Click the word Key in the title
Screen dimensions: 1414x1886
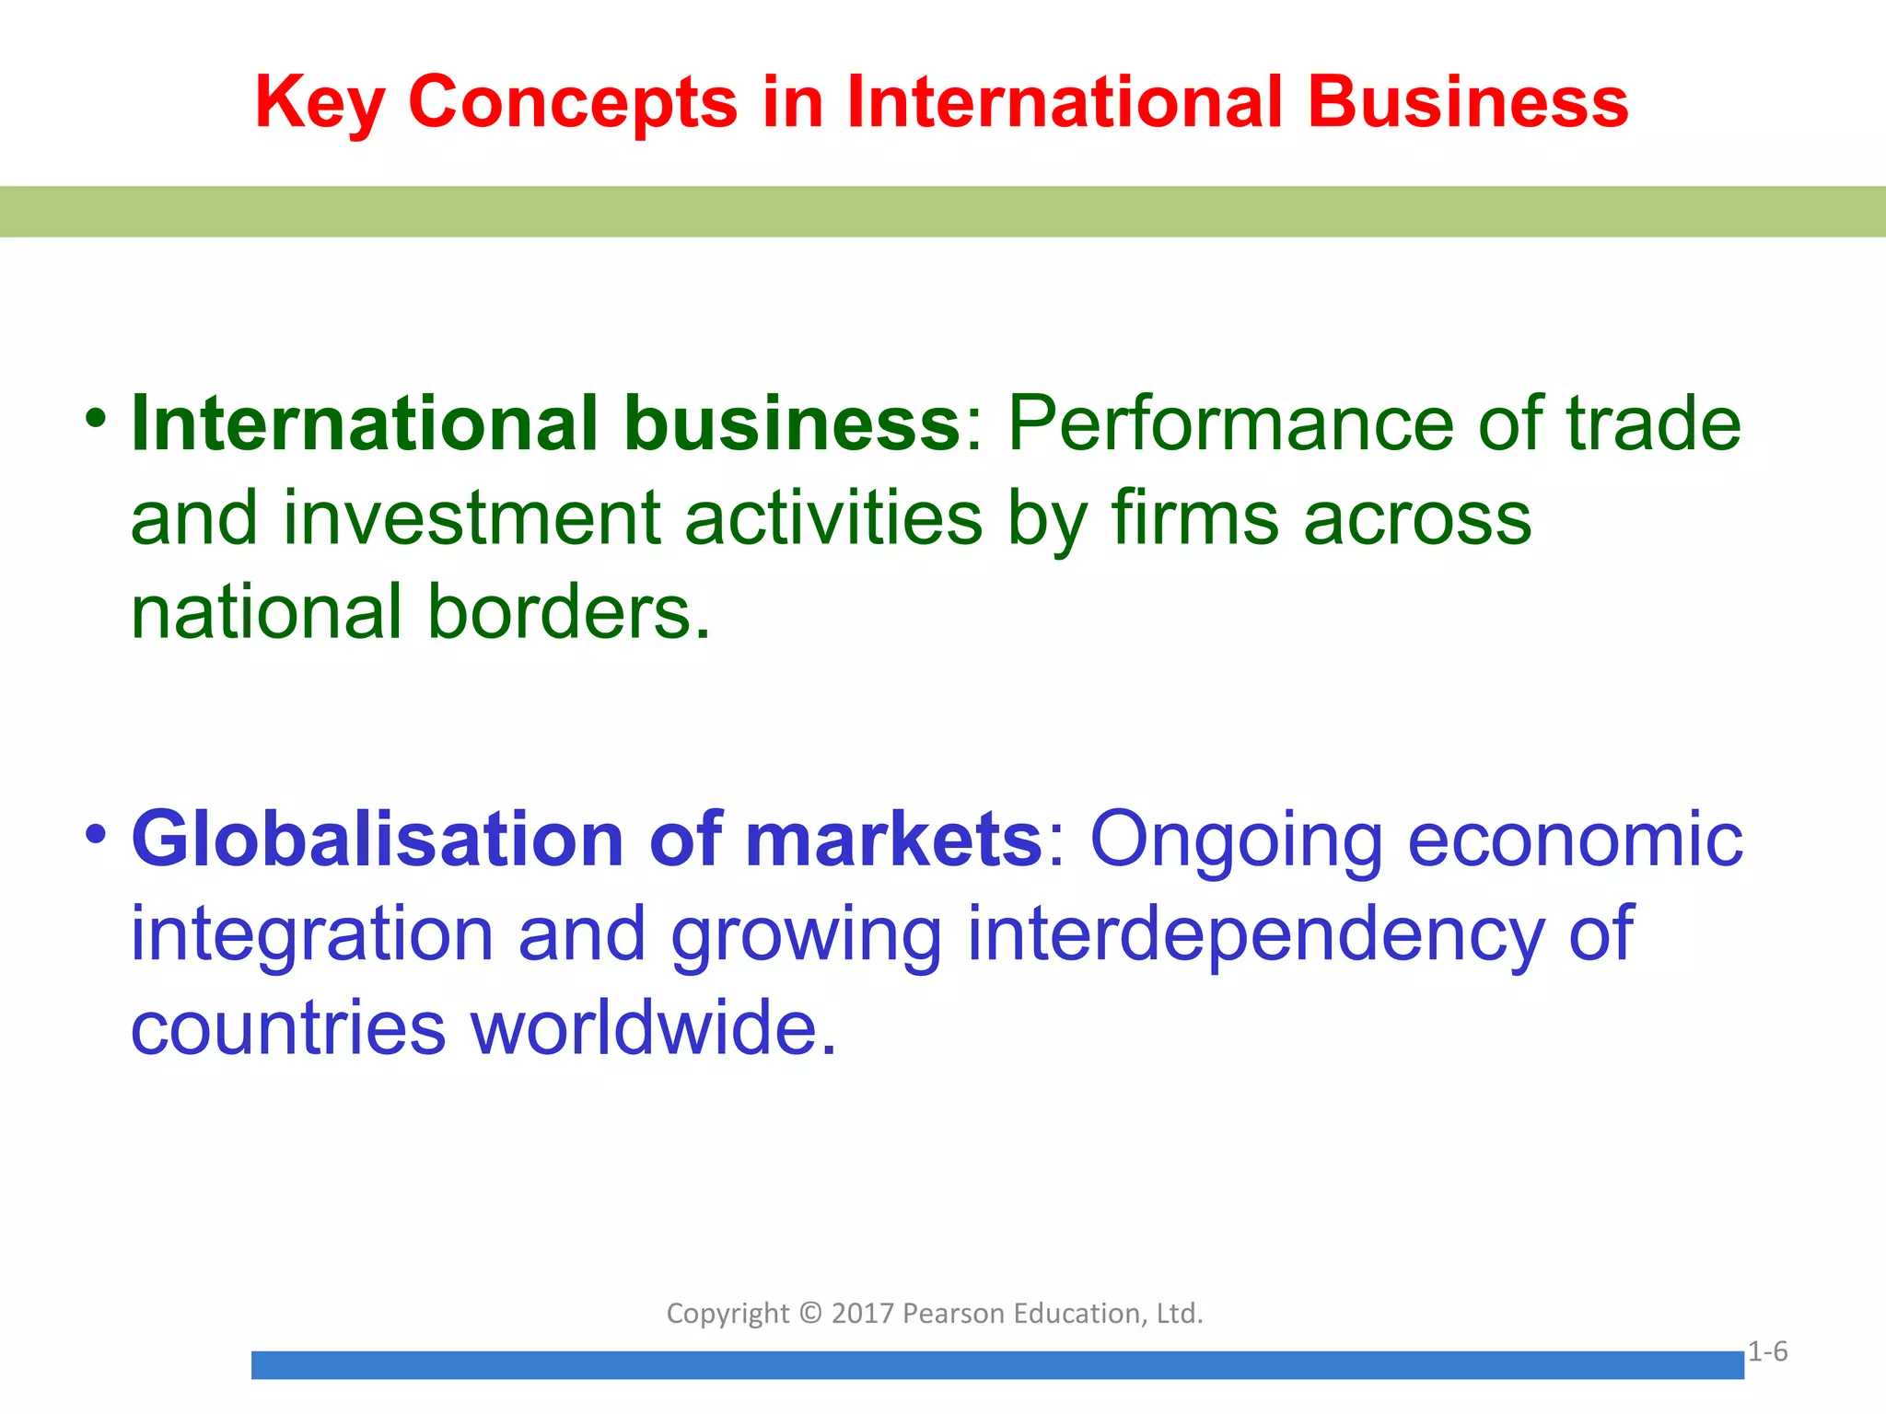click(x=319, y=103)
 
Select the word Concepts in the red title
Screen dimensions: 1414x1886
click(x=573, y=103)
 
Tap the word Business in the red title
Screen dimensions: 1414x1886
click(x=1468, y=101)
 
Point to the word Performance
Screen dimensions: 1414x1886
click(x=1231, y=423)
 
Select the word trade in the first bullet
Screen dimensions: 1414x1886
click(x=1654, y=423)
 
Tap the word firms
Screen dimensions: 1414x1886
click(x=1195, y=517)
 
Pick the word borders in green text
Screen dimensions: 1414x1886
click(x=568, y=611)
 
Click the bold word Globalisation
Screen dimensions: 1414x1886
click(x=378, y=839)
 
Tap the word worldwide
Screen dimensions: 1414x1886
click(x=654, y=1027)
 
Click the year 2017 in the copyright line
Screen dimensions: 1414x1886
click(x=863, y=1313)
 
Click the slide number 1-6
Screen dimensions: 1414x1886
click(x=1767, y=1351)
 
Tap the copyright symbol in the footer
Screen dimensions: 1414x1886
click(x=810, y=1313)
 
